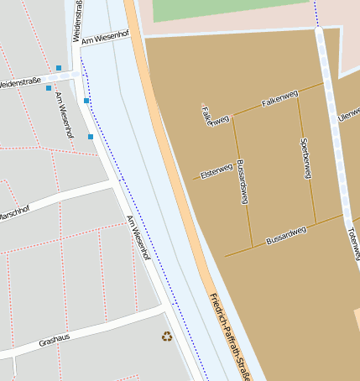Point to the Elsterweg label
click(x=216, y=171)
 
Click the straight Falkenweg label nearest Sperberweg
click(x=279, y=101)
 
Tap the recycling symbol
click(x=166, y=337)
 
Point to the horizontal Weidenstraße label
click(x=22, y=83)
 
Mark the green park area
click(x=227, y=8)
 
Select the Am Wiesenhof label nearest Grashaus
click(x=138, y=237)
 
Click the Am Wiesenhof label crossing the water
click(x=106, y=38)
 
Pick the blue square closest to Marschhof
click(x=91, y=136)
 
